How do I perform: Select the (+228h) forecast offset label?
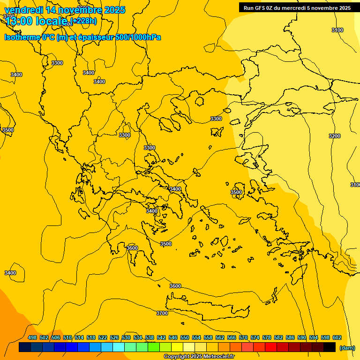[x=83, y=21]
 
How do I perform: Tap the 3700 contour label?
[x=162, y=313]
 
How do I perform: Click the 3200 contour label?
[x=334, y=136]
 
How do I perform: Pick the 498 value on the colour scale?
[x=32, y=337]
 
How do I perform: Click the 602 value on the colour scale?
[x=337, y=337]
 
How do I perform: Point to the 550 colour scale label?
[x=185, y=337]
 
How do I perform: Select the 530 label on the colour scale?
[x=126, y=337]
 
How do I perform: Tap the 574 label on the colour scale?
[x=255, y=337]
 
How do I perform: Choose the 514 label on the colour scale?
[x=79, y=337]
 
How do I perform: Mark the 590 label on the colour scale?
[x=302, y=337]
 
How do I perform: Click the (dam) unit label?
[x=347, y=348]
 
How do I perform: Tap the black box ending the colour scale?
[x=330, y=347]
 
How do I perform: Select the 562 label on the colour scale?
[x=220, y=337]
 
